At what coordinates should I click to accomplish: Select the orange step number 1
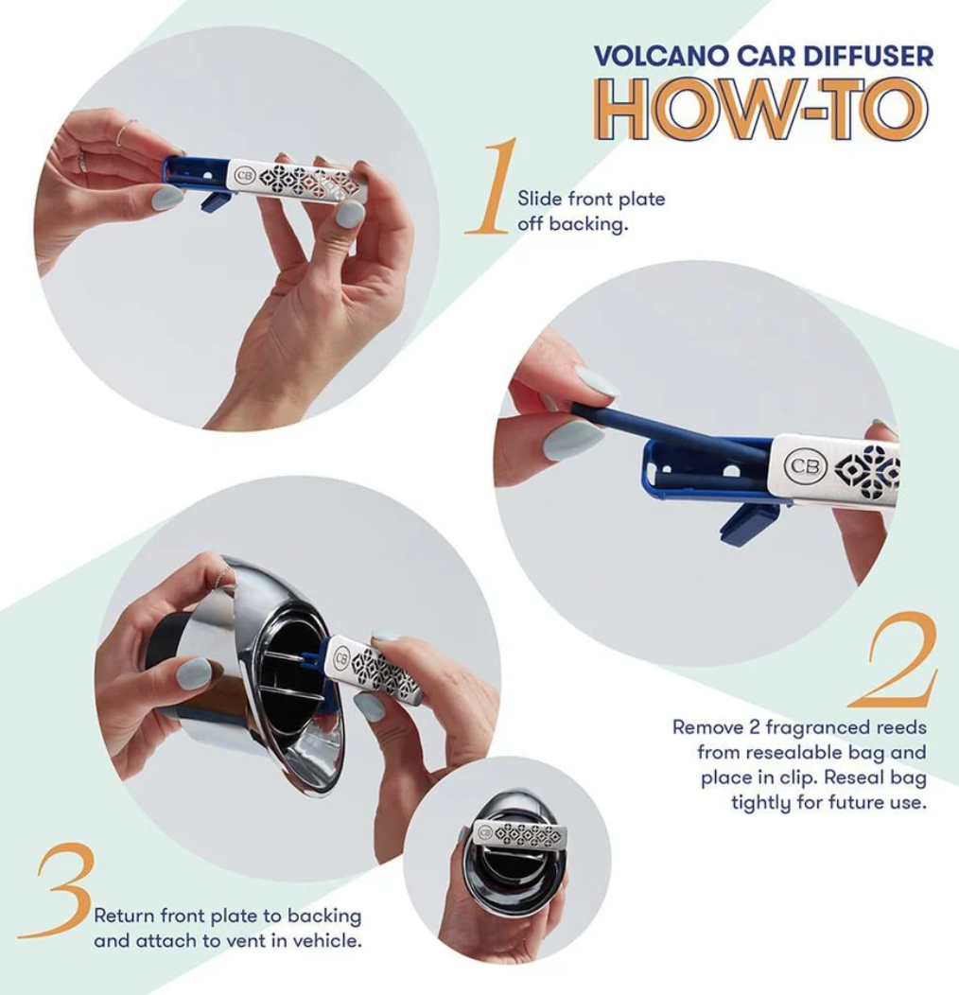[x=494, y=187]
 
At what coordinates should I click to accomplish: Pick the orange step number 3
[x=59, y=891]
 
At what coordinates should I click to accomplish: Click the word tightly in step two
[x=764, y=803]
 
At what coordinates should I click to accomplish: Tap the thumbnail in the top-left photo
[x=166, y=197]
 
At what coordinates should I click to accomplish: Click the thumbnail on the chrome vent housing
[x=195, y=672]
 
